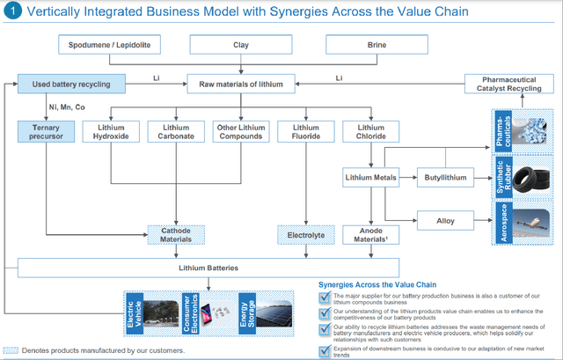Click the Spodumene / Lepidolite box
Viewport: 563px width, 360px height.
tap(109, 44)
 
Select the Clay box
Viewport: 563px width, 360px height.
tap(240, 44)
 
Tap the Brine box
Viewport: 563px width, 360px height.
tap(377, 44)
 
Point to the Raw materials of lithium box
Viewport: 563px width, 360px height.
tap(241, 84)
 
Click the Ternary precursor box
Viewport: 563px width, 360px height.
tap(42, 133)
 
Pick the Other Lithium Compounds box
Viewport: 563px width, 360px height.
tap(240, 133)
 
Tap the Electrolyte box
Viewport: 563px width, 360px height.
tap(303, 235)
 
